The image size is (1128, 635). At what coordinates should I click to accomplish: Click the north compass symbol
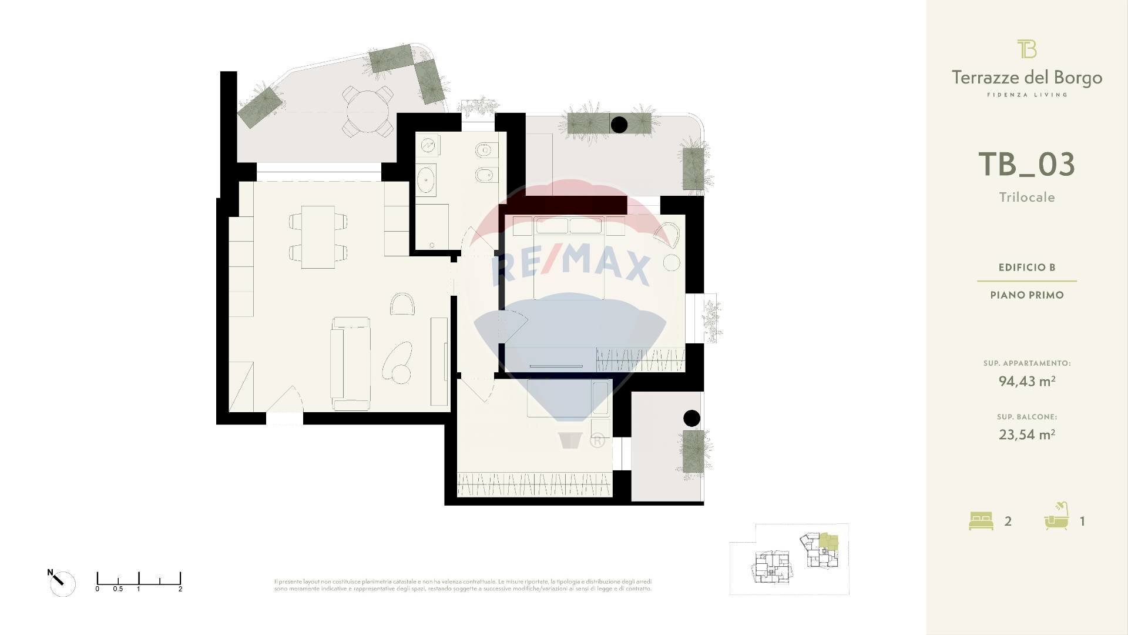(x=61, y=583)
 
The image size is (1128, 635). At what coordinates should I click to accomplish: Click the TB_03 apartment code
(x=1026, y=165)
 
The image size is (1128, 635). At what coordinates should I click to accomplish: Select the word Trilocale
(x=1026, y=198)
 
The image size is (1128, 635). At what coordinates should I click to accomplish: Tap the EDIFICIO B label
(x=1026, y=268)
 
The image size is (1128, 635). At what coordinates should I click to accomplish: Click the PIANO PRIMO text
(x=1026, y=295)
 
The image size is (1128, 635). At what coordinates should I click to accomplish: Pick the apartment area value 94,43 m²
(x=1026, y=382)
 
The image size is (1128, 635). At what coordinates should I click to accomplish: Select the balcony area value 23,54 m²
(x=1026, y=435)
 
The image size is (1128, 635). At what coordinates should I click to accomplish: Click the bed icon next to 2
(x=981, y=521)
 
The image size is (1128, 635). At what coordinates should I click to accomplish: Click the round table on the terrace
(x=368, y=111)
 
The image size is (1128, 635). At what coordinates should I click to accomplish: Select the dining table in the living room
(x=318, y=237)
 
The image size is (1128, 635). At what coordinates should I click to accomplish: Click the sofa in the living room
(x=350, y=363)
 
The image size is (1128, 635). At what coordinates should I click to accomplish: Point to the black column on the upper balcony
(x=619, y=125)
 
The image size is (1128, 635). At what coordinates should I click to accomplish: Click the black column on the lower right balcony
(x=691, y=418)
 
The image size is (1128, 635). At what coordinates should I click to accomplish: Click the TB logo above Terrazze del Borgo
(x=1026, y=49)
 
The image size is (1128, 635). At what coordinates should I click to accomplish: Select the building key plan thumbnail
(x=789, y=559)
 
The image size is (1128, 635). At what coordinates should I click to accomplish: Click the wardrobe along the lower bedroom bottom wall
(x=534, y=484)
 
